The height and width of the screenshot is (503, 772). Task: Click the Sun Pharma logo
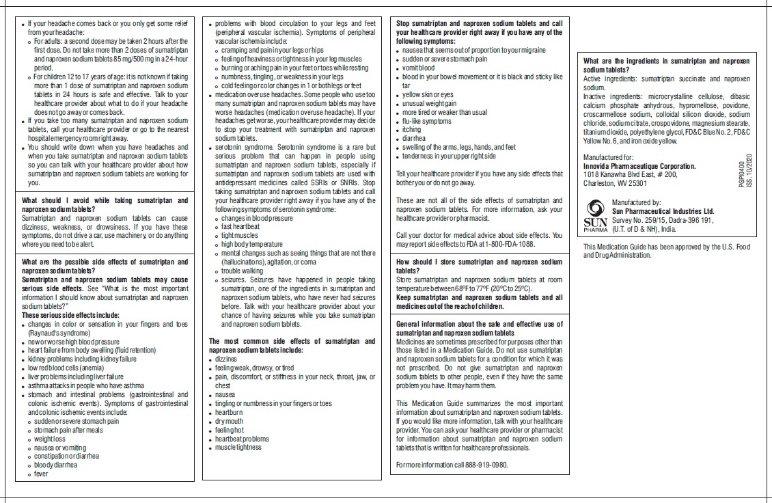594,213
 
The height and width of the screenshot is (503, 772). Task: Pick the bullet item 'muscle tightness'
238,448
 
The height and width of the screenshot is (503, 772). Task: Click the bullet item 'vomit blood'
418,68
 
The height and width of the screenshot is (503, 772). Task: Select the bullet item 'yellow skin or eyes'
428,94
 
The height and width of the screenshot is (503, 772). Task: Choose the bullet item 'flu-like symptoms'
427,121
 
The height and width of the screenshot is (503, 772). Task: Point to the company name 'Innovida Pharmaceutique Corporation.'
639,166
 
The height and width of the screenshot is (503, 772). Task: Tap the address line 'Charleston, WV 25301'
615,183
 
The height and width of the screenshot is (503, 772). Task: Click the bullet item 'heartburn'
230,413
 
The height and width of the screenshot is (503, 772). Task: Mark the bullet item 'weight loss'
51,439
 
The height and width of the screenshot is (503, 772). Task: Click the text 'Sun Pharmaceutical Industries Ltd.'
663,212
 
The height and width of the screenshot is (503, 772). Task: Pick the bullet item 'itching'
412,129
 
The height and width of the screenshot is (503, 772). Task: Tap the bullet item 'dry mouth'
231,421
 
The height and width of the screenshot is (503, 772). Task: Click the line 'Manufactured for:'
607,158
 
